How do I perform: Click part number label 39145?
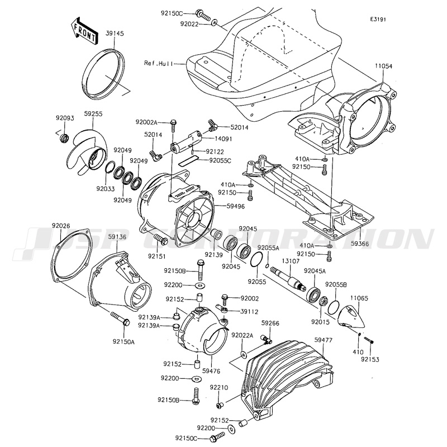[x=115, y=34]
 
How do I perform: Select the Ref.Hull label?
[x=159, y=63]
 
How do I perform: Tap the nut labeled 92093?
[x=64, y=137]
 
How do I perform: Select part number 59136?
[x=117, y=236]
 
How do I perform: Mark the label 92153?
[x=370, y=359]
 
